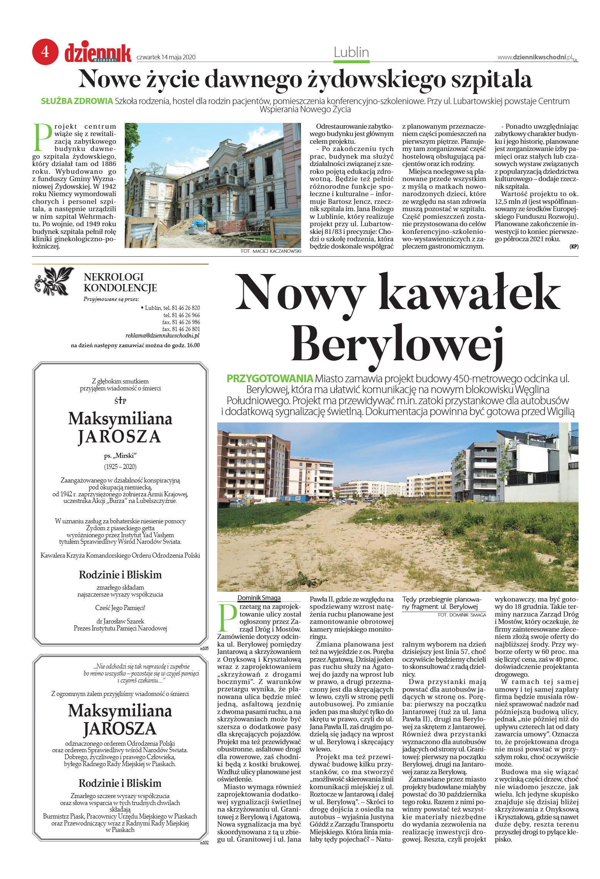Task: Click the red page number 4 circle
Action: [45, 52]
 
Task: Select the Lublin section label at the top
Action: [351, 52]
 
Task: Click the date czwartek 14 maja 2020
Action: [166, 57]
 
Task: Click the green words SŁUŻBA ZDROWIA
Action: [77, 101]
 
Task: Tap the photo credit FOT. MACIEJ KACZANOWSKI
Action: [271, 251]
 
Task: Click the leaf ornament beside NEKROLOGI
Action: [54, 281]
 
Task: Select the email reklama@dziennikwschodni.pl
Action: [162, 336]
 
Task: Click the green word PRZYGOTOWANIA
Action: [270, 378]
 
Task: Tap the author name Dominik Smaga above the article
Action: [259, 598]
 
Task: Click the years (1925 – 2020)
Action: [120, 467]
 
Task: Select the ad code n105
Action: [204, 649]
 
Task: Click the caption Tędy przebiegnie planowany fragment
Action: [441, 603]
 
